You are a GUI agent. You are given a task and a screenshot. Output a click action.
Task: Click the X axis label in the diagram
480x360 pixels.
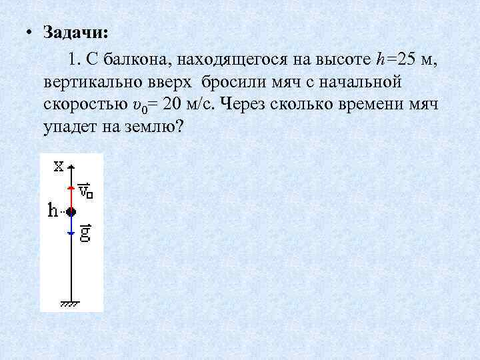tap(59, 166)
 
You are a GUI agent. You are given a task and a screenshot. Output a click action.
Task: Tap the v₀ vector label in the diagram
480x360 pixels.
tap(85, 191)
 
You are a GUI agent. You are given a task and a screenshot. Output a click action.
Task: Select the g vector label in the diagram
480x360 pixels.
tap(85, 234)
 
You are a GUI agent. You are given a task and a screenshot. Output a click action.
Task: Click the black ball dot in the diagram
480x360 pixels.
tap(71, 212)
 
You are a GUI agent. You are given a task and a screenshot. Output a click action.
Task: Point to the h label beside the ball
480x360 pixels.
tap(54, 211)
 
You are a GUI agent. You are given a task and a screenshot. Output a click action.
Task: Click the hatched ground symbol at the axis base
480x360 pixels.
tap(71, 303)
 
